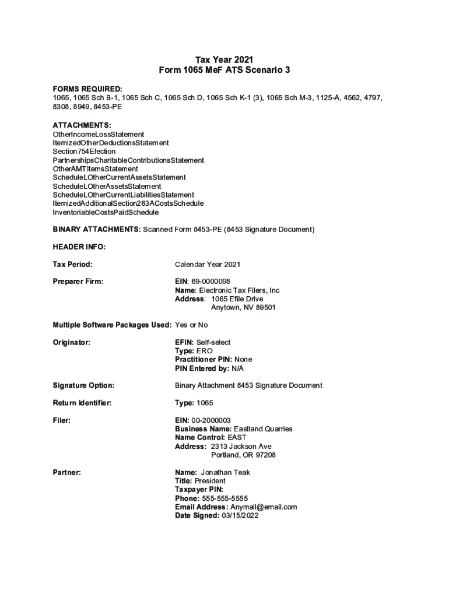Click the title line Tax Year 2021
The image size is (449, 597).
coord(224,59)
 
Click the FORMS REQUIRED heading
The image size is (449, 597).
coord(87,89)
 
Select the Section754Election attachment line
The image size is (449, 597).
coord(84,152)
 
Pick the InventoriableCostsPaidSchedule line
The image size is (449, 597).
coord(106,212)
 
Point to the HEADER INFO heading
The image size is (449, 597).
coord(79,247)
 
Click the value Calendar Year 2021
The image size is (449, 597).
coord(208,265)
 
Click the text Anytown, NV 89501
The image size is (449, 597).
coord(243,307)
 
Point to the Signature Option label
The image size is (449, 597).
coord(83,385)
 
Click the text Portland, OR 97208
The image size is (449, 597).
coord(243,455)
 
